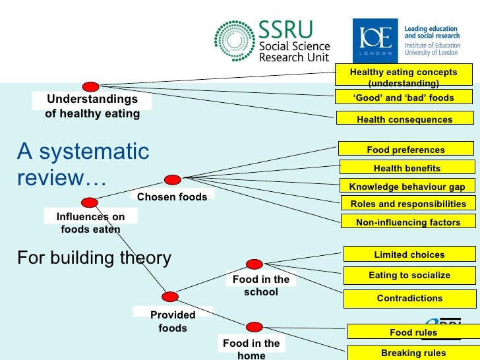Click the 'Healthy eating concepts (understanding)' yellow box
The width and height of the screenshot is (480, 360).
pyautogui.click(x=404, y=76)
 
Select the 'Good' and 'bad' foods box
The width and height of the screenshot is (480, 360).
pyautogui.click(x=404, y=98)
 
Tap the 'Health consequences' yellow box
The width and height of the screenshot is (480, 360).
pyautogui.click(x=404, y=119)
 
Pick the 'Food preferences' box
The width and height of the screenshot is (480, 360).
pyautogui.click(x=405, y=150)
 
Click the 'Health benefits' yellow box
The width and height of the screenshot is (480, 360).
pyautogui.click(x=407, y=168)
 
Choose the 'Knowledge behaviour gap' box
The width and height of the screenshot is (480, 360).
pyautogui.click(x=407, y=187)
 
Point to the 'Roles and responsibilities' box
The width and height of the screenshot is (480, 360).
pyautogui.click(x=407, y=204)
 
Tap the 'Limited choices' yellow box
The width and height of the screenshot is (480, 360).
pyautogui.click(x=409, y=255)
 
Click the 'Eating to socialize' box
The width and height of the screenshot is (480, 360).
pyautogui.click(x=409, y=275)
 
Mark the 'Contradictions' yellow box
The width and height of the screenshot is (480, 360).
pyautogui.click(x=409, y=298)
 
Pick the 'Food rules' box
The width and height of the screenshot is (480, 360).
pyautogui.click(x=413, y=332)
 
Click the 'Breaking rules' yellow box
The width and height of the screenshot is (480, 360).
pyautogui.click(x=413, y=353)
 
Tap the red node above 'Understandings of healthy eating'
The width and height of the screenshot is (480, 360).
pyautogui.click(x=91, y=86)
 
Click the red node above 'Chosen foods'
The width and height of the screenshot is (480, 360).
pyautogui.click(x=172, y=179)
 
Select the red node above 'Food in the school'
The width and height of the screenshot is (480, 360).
pyautogui.click(x=255, y=264)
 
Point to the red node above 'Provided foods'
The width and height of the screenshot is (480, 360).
pyautogui.click(x=170, y=297)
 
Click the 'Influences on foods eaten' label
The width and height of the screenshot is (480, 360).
pyautogui.click(x=90, y=223)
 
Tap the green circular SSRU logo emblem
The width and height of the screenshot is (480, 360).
pyautogui.click(x=234, y=42)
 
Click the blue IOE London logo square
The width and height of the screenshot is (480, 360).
pyautogui.click(x=376, y=41)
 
